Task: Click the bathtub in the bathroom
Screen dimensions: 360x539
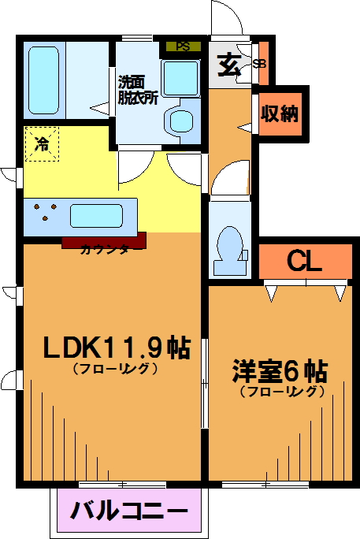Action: (x=43, y=80)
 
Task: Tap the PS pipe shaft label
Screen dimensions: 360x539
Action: (x=183, y=46)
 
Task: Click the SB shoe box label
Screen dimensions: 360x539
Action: (x=259, y=64)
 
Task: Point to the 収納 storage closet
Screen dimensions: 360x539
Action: (x=280, y=113)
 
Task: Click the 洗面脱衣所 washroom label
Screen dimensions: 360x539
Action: (x=137, y=90)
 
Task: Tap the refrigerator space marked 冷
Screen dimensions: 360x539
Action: (x=42, y=143)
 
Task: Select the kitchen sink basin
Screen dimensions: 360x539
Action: (x=97, y=216)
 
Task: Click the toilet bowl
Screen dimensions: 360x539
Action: (x=229, y=245)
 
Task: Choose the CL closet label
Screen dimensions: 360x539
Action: (x=304, y=262)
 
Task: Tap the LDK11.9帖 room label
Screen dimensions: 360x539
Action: (x=116, y=348)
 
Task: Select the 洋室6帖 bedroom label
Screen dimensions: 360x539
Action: (x=280, y=372)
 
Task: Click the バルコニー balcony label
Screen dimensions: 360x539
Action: (x=129, y=511)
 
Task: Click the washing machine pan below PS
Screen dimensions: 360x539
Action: (x=181, y=79)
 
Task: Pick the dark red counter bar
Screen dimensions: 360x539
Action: (x=104, y=240)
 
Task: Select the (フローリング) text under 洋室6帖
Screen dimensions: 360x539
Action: (x=282, y=392)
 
